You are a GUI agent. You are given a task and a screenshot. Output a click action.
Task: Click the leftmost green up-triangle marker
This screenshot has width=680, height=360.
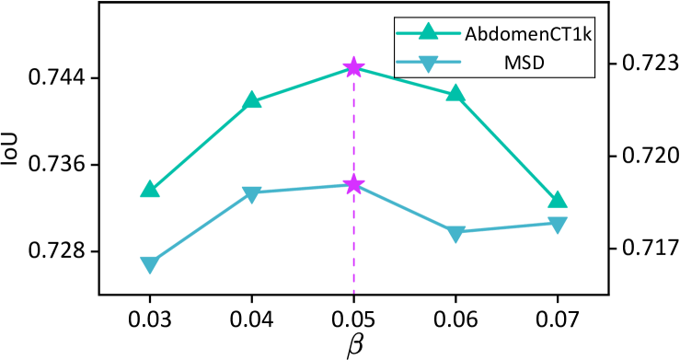click(150, 190)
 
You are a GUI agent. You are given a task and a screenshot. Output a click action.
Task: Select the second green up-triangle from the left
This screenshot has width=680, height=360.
click(251, 100)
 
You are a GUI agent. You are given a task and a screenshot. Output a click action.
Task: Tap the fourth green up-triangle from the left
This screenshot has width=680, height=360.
click(455, 93)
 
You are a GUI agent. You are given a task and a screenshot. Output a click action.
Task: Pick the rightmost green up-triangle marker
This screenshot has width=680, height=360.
click(558, 200)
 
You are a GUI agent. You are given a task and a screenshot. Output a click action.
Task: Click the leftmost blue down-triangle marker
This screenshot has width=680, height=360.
click(150, 264)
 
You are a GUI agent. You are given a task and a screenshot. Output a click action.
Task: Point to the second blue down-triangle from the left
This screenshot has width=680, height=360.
click(251, 193)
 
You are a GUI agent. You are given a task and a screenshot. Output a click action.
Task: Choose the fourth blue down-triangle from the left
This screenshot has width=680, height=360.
click(455, 234)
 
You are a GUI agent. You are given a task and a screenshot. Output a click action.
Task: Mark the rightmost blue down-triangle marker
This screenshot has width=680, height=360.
click(558, 225)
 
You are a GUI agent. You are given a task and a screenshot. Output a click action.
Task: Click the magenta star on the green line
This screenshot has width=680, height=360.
click(353, 67)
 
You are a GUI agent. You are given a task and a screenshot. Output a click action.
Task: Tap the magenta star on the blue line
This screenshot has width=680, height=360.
click(353, 185)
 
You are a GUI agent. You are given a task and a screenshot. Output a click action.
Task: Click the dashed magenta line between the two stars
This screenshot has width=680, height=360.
click(353, 126)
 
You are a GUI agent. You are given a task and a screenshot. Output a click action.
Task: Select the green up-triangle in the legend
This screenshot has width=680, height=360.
click(428, 32)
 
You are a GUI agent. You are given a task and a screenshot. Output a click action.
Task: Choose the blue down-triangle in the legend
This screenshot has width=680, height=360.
click(428, 63)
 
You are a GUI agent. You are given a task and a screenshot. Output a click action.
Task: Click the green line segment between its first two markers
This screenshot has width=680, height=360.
click(201, 145)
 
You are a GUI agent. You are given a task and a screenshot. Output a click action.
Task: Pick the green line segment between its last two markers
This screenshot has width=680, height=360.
click(506, 146)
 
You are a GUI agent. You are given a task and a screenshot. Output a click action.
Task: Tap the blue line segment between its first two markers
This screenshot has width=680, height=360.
click(201, 228)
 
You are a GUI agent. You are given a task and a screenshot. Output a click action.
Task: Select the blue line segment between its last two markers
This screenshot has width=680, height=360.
click(506, 227)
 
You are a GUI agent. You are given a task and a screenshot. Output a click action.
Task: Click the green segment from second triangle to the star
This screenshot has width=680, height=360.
click(302, 84)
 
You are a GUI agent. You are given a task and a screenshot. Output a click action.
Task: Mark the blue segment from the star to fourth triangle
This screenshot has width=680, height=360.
click(405, 209)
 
